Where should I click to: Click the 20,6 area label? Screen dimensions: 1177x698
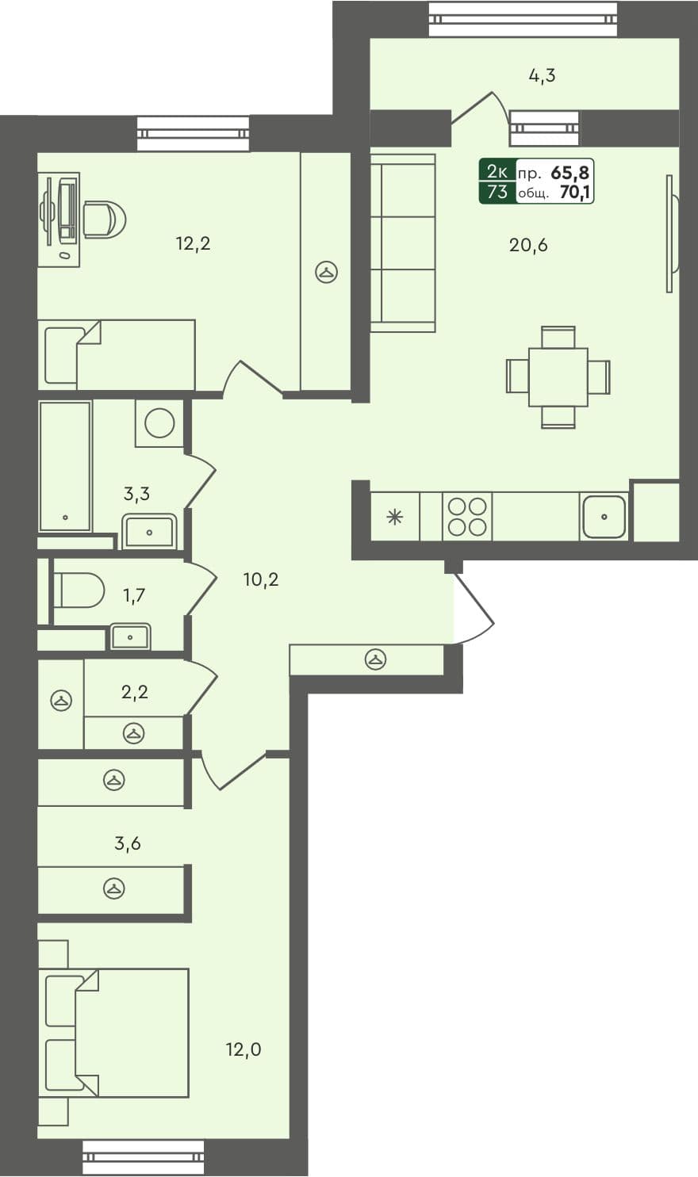pos(528,245)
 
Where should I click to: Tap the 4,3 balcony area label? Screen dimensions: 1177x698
pos(542,76)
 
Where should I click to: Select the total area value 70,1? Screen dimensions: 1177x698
pos(576,193)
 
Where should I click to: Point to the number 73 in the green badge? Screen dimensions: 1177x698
pos(497,193)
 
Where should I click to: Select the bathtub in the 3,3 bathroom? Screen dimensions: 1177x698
pos(65,466)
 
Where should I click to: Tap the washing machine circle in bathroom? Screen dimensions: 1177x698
pos(160,422)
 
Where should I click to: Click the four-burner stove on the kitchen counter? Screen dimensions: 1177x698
pos(467,517)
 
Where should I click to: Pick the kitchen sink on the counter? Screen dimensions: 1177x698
pos(604,517)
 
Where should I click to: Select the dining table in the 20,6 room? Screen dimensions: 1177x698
pos(558,376)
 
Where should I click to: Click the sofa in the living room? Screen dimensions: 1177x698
pos(403,243)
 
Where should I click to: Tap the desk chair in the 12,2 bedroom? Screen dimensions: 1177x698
pos(104,219)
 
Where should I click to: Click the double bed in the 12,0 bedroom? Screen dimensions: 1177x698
pos(119,1033)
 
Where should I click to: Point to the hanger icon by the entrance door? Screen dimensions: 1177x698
pos(376,659)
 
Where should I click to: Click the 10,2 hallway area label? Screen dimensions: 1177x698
pos(261,579)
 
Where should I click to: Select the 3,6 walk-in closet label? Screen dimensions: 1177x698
pos(128,843)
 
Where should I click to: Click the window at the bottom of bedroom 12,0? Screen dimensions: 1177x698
pos(143,1157)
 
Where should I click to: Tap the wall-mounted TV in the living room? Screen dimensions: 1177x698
pos(671,234)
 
